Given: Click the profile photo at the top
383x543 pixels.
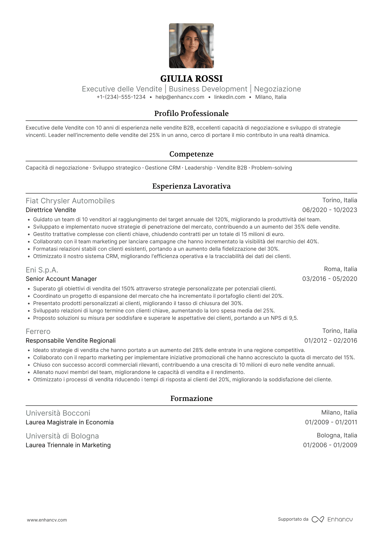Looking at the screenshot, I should click(x=191, y=46).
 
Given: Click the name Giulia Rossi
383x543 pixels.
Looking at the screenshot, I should click(x=191, y=79).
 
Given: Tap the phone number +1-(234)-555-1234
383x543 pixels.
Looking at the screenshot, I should click(x=121, y=97).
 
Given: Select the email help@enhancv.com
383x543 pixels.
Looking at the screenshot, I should click(x=180, y=97).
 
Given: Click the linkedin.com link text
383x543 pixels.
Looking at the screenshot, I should click(x=230, y=97).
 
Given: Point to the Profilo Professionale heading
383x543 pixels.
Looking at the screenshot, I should click(x=191, y=113).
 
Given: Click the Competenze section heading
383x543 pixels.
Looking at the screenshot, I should click(x=191, y=154).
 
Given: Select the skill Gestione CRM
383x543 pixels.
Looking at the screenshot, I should click(x=163, y=168).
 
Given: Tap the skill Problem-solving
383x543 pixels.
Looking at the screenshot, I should click(x=271, y=168).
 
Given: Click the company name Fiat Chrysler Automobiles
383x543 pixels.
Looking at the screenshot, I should click(x=70, y=201).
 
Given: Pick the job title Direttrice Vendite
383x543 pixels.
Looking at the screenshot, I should click(x=51, y=210).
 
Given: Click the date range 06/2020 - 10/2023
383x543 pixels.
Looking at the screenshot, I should click(x=329, y=210).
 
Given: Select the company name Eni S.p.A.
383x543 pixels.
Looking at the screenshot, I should click(x=42, y=270).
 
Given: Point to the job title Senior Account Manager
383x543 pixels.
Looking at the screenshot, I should click(x=61, y=279).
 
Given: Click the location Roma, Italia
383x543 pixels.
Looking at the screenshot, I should click(x=340, y=269).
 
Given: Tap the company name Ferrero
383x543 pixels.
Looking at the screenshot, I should click(x=38, y=332).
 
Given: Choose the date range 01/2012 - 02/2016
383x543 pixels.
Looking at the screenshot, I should click(x=331, y=341).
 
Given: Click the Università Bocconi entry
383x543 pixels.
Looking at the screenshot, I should click(x=58, y=413).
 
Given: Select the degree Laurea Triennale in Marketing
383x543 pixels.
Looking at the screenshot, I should click(x=68, y=445).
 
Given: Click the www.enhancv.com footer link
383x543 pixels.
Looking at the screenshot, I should click(x=47, y=520).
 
